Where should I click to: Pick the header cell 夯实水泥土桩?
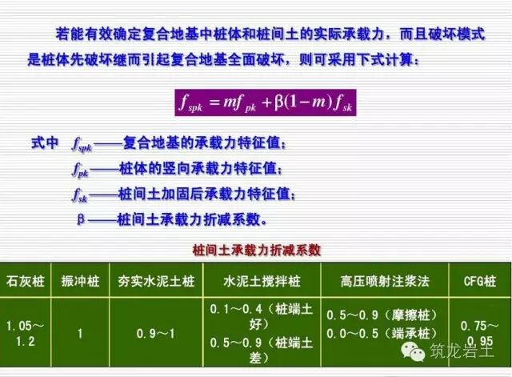[156, 281]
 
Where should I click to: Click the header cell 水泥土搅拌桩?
[260, 281]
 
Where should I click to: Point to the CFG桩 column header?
[480, 281]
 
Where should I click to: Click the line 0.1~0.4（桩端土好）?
[259, 315]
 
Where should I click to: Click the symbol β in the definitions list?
[80, 218]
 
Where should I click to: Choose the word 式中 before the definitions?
[44, 144]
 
